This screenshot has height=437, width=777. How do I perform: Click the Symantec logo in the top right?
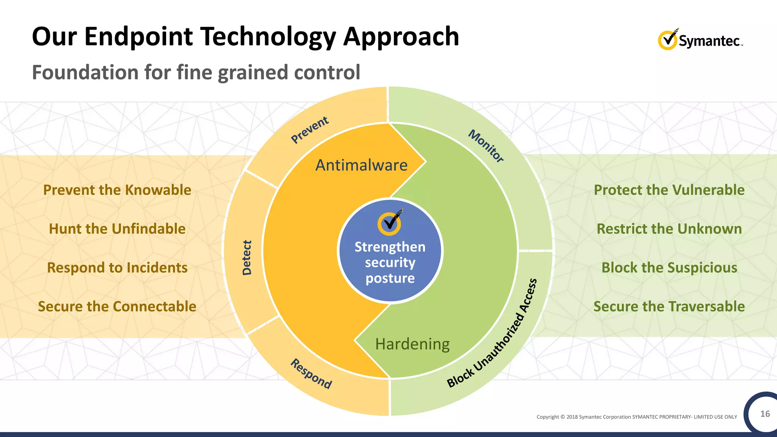(700, 39)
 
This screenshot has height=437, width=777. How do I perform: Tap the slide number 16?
(765, 414)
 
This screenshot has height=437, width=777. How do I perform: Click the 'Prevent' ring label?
(310, 130)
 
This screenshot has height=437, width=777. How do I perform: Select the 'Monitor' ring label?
(486, 146)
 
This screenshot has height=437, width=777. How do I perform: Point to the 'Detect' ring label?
(247, 258)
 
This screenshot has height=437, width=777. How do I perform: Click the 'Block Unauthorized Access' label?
(492, 333)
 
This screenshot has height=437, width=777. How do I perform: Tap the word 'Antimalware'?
(361, 165)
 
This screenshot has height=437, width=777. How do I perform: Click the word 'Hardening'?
(412, 344)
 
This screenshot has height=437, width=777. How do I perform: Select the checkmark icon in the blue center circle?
(390, 222)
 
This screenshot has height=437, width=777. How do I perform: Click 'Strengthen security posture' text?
(390, 263)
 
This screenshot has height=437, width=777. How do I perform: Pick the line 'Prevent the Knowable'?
(117, 190)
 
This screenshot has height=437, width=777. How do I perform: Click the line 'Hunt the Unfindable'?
(117, 229)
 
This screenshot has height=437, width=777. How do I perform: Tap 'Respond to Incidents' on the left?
(117, 268)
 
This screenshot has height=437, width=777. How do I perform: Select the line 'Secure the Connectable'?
(117, 307)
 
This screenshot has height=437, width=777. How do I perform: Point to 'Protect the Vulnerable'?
(669, 190)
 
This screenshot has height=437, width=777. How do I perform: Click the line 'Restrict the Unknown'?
(669, 229)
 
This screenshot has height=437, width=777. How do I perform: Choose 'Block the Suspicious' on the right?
(669, 268)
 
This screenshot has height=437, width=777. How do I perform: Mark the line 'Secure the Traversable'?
(669, 307)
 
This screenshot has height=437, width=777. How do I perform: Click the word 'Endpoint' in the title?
(139, 37)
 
